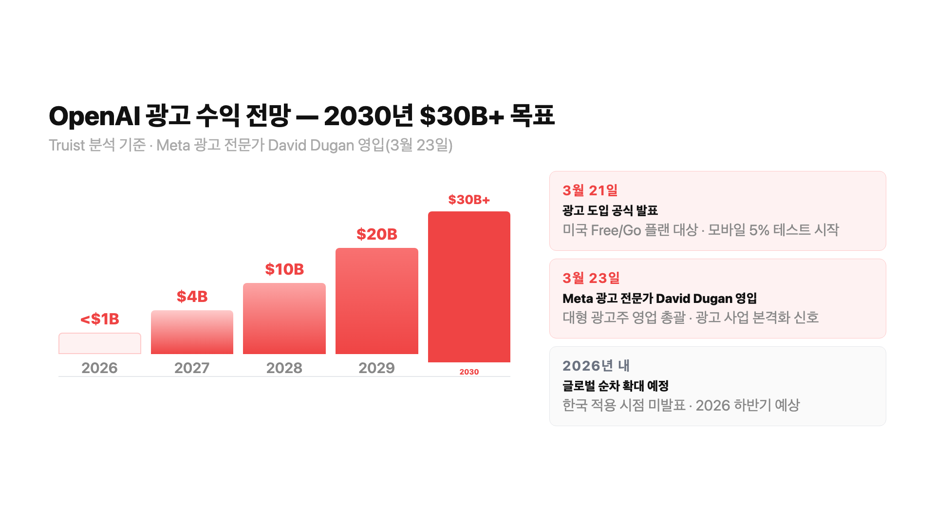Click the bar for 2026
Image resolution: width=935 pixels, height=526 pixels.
click(100, 343)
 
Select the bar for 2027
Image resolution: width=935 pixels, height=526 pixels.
click(192, 332)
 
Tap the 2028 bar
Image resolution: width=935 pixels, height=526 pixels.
click(284, 319)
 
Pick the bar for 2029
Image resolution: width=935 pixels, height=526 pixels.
click(377, 301)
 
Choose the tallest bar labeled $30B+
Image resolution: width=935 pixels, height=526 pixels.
click(469, 286)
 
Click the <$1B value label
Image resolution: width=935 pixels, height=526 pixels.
click(100, 319)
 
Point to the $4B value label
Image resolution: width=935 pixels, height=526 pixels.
click(192, 296)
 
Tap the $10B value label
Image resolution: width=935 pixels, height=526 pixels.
click(284, 269)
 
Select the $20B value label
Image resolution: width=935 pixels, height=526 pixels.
click(377, 234)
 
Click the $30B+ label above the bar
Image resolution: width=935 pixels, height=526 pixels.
click(469, 200)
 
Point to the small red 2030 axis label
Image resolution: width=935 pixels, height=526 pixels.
click(469, 372)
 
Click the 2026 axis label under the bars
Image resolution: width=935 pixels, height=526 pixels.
click(100, 368)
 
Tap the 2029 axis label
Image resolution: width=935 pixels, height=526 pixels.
click(377, 368)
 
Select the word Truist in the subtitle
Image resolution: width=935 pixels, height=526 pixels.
click(67, 145)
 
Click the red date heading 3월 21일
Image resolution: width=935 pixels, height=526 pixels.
click(590, 190)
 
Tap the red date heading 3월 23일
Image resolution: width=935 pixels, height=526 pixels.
click(591, 278)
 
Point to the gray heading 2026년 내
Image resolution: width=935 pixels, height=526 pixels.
click(596, 366)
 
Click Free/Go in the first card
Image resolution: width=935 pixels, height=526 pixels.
click(616, 230)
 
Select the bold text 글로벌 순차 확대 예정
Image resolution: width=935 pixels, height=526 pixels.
click(616, 386)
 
